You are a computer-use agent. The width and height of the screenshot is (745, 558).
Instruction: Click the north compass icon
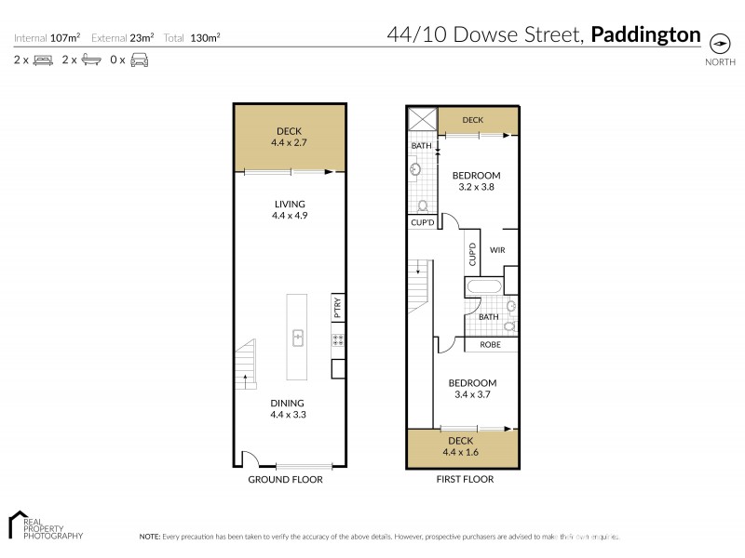(x=719, y=43)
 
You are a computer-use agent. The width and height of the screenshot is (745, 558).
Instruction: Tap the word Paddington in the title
(x=646, y=35)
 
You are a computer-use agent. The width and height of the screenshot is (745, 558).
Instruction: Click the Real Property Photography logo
(x=45, y=525)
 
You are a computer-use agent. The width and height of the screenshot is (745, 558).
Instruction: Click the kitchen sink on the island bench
(x=299, y=337)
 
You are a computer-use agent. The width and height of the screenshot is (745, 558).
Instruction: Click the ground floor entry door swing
(x=250, y=458)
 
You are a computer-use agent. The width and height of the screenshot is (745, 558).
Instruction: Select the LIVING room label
(x=290, y=205)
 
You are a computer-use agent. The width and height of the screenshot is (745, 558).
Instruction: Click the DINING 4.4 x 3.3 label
(x=289, y=409)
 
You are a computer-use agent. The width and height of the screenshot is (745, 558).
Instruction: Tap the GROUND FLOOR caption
(x=285, y=480)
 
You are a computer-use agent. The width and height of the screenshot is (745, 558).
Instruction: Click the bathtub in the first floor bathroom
(x=483, y=287)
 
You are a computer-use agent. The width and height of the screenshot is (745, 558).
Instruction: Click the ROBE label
(x=490, y=345)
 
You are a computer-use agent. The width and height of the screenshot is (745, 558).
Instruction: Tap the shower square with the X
(x=422, y=120)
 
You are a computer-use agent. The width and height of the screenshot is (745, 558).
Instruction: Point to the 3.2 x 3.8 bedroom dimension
(x=476, y=187)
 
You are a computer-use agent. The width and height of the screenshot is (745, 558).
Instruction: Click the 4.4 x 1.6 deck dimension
(x=461, y=453)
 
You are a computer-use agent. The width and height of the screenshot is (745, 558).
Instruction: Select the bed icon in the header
(x=42, y=60)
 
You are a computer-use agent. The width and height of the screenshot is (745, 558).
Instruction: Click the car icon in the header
(x=139, y=60)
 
